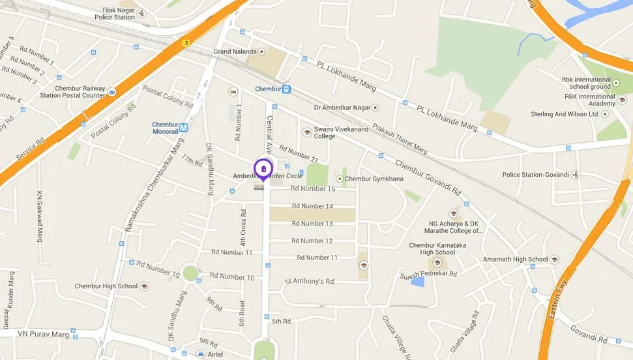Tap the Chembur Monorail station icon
click(x=184, y=128)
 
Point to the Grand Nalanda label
click(x=233, y=51)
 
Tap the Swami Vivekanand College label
click(x=334, y=132)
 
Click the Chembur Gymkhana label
click(x=374, y=179)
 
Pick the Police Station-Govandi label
click(x=536, y=175)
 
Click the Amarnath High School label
click(x=515, y=259)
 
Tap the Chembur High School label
click(x=106, y=286)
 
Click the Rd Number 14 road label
click(x=313, y=206)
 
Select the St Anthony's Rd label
click(x=309, y=281)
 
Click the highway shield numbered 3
click(x=186, y=43)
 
